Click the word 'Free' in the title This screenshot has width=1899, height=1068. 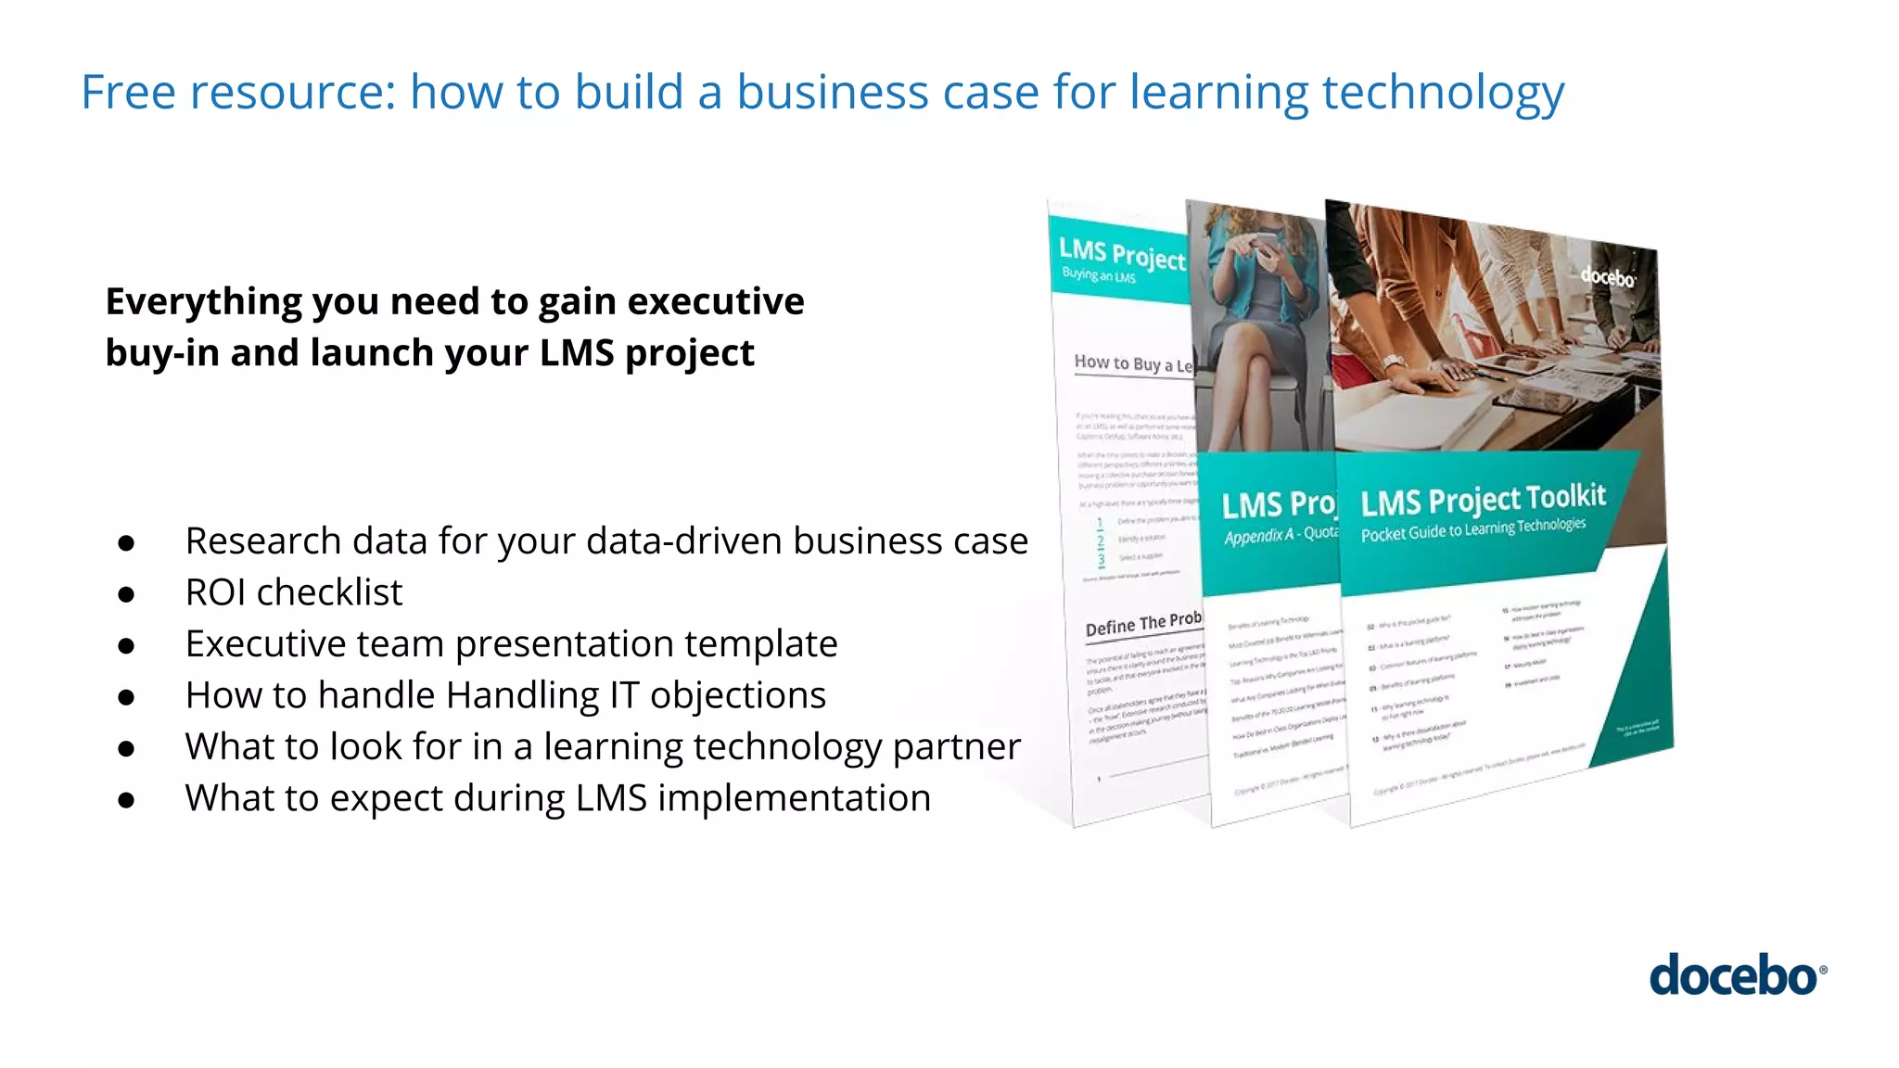click(x=128, y=93)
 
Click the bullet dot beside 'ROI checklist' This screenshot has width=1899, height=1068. click(x=127, y=594)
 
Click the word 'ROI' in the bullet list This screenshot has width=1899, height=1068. click(x=215, y=592)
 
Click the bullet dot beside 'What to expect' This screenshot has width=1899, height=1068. click(x=127, y=800)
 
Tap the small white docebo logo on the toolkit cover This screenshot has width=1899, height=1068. click(x=1608, y=276)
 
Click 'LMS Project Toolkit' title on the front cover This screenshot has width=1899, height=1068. click(x=1483, y=499)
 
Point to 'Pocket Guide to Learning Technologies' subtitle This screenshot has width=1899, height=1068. click(x=1472, y=529)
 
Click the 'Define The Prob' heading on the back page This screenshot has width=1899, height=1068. click(x=1142, y=624)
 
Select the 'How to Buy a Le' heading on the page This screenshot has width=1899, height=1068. click(x=1132, y=363)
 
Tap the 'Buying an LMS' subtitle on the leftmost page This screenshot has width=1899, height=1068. click(x=1098, y=275)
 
